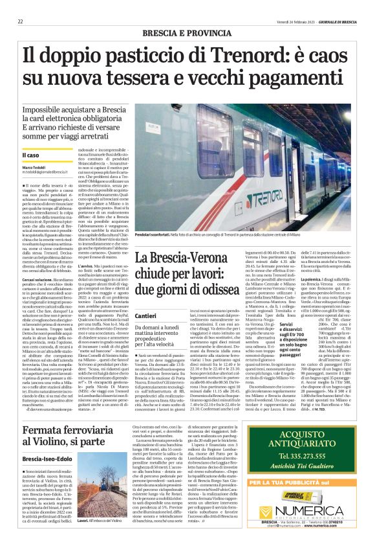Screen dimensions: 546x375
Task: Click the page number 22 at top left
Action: [x=20, y=21]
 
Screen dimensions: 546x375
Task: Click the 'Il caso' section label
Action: [x=30, y=155]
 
